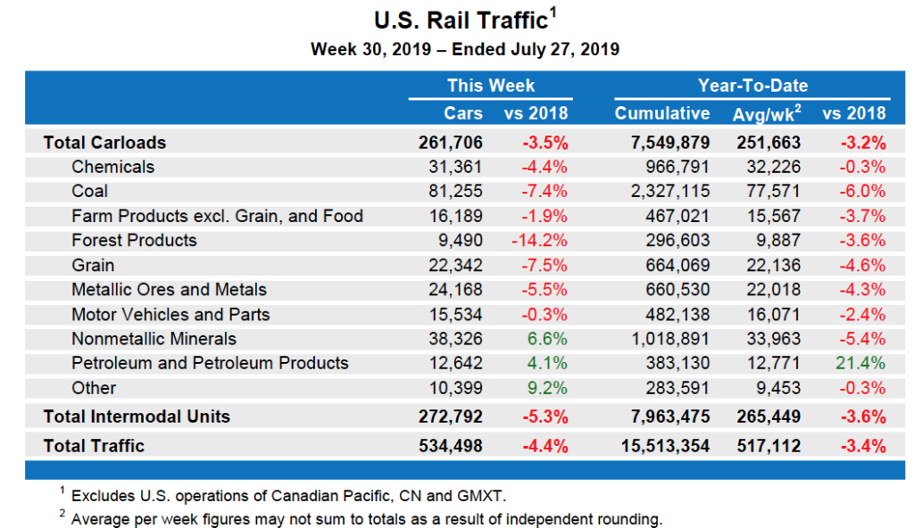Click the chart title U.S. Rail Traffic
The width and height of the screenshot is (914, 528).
coord(460,20)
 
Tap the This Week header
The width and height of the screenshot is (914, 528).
coord(490,86)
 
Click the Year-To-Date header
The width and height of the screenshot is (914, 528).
coord(752,86)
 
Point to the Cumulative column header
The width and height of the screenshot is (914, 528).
coord(662,113)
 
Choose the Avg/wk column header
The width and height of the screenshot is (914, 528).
coord(766,113)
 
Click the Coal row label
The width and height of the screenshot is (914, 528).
coord(89,191)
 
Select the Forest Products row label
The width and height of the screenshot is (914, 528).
coord(134,240)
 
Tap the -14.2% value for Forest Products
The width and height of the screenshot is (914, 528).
coord(539,240)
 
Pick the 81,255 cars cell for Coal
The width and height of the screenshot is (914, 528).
coord(457,191)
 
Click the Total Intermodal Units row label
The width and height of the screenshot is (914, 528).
coord(137,417)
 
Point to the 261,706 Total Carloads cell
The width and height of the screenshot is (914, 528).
coord(450,142)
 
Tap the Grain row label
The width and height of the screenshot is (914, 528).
coord(93,265)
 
